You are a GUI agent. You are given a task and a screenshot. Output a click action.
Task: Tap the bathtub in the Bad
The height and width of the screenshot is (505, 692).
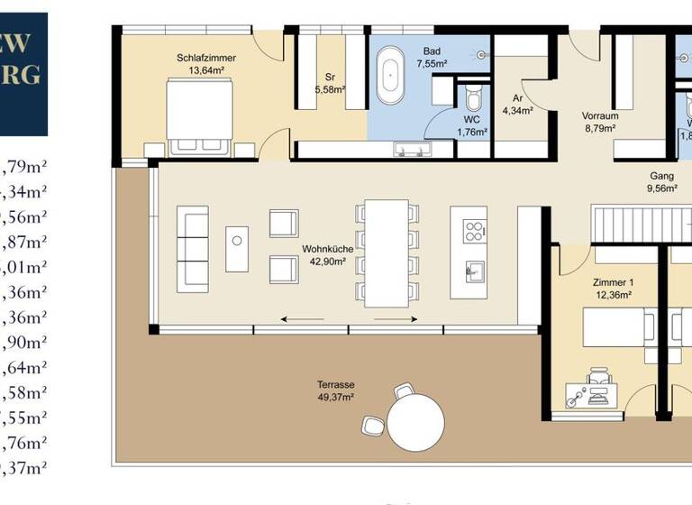pyautogui.click(x=392, y=79)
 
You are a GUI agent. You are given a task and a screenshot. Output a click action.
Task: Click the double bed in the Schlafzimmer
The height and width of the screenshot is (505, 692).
pyautogui.click(x=200, y=113)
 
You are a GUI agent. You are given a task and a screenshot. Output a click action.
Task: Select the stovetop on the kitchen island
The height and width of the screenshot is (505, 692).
pyautogui.click(x=474, y=230)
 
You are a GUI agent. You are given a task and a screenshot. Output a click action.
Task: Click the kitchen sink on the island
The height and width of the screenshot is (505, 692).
pyautogui.click(x=474, y=270)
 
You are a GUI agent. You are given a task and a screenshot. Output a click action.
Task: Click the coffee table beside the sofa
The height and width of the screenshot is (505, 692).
pyautogui.click(x=237, y=248)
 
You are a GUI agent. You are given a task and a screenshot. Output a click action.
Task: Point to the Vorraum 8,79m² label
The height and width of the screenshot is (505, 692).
pyautogui.click(x=599, y=122)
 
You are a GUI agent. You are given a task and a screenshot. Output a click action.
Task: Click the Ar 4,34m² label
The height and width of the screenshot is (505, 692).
pyautogui.click(x=518, y=104)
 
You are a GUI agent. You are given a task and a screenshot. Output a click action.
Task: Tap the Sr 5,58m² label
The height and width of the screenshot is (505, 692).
pyautogui.click(x=329, y=83)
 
